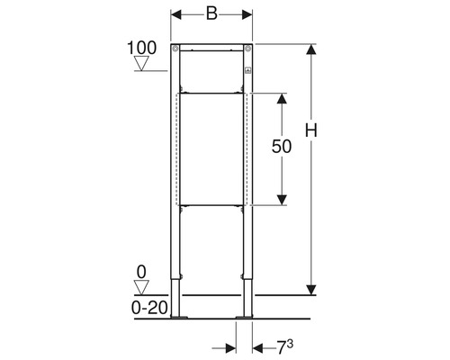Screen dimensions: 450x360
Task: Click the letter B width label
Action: click(211, 13)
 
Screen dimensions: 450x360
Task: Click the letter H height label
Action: click(311, 130)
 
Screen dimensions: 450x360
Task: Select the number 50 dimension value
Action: click(282, 147)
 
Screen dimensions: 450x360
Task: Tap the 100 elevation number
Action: click(142, 48)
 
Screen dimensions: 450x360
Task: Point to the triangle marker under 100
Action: click(141, 63)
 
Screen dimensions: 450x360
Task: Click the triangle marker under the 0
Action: click(141, 287)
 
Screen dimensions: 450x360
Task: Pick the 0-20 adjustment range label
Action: click(149, 308)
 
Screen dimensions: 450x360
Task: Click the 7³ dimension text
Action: click(284, 347)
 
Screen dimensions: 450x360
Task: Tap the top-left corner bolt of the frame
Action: click(175, 49)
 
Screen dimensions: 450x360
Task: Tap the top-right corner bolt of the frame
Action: click(247, 49)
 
